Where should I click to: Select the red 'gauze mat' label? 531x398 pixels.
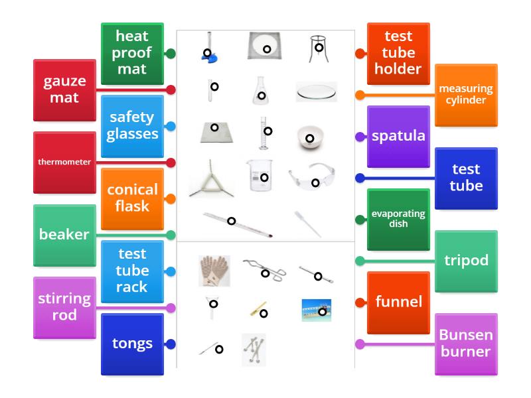(x=64, y=90)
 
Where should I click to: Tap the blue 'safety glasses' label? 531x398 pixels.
(x=132, y=126)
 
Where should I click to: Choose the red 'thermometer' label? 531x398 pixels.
(x=64, y=162)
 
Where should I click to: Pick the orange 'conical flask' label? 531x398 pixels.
(x=132, y=198)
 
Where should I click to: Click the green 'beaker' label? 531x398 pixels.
(x=64, y=235)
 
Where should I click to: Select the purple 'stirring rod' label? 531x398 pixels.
(x=64, y=307)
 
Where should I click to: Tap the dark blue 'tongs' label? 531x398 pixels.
(x=132, y=344)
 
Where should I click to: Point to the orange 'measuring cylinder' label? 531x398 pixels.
(x=466, y=95)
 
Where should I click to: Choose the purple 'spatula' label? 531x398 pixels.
(x=398, y=137)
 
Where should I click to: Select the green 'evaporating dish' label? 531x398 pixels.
(x=398, y=220)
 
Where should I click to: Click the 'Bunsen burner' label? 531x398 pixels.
(x=466, y=344)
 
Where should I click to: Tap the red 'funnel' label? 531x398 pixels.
(x=398, y=302)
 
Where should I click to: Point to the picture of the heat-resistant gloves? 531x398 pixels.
(x=214, y=271)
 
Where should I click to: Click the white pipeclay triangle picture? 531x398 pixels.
(x=211, y=180)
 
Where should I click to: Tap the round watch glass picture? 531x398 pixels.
(x=316, y=92)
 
